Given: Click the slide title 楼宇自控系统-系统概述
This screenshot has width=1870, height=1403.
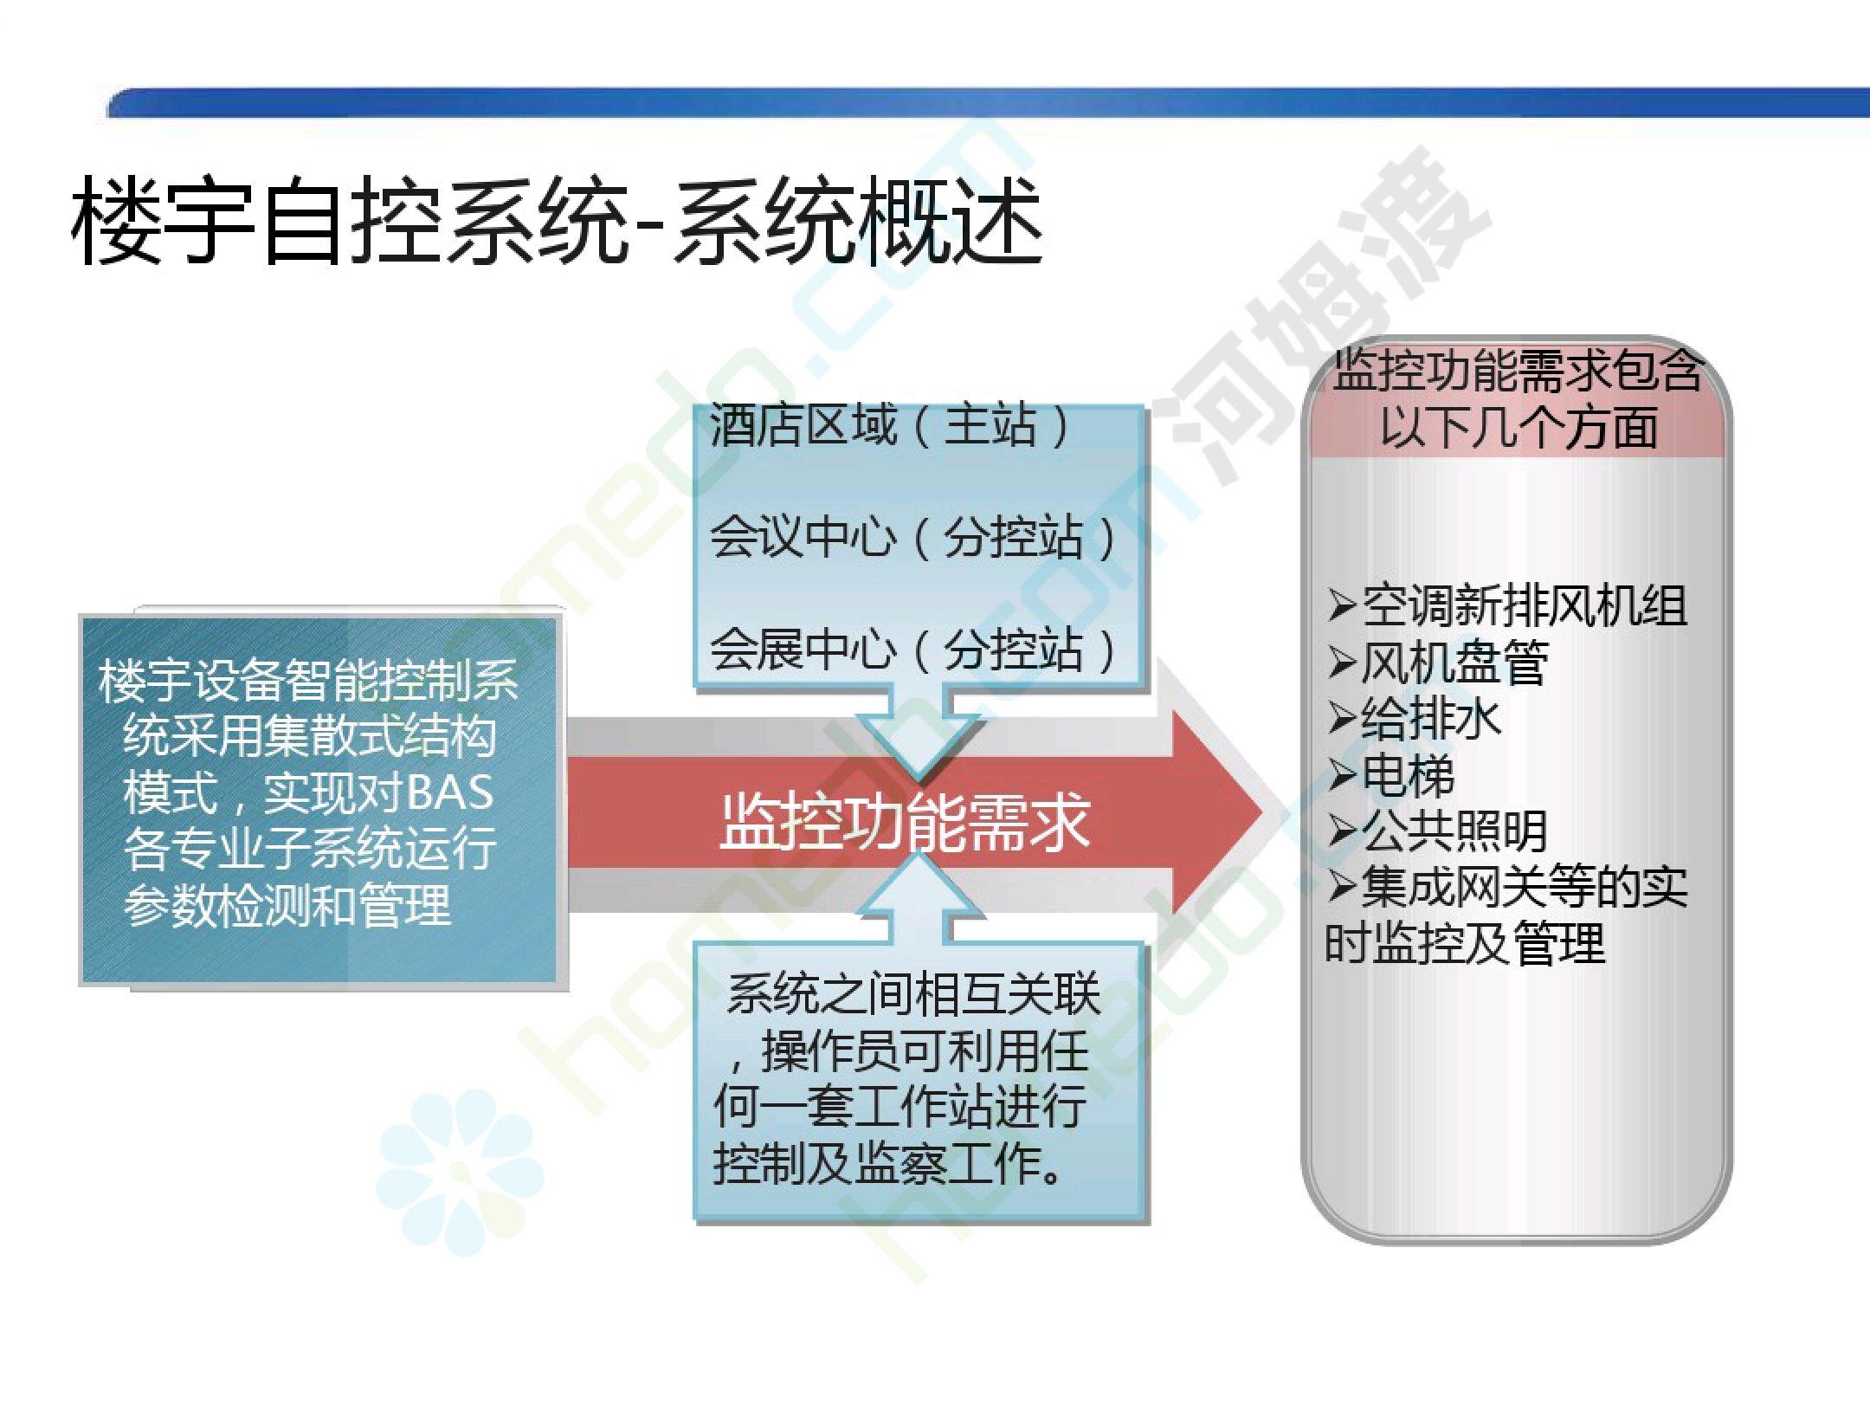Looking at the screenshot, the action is click(557, 222).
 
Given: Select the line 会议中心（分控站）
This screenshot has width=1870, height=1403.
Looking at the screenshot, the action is click(914, 537).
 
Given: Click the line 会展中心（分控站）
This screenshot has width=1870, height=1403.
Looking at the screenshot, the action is click(914, 650).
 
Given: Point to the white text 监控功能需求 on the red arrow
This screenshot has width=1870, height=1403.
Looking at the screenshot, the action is click(905, 821).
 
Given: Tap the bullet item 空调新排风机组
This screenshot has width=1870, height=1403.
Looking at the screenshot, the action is click(1507, 605).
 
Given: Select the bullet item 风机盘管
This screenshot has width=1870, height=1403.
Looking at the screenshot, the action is click(1438, 663).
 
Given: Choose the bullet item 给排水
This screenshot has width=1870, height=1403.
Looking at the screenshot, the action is click(1414, 719).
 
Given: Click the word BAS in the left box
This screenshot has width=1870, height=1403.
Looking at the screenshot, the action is click(449, 793).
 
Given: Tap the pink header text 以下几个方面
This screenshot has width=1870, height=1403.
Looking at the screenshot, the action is click(1519, 428).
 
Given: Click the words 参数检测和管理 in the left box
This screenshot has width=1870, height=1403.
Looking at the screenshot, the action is click(287, 906).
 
